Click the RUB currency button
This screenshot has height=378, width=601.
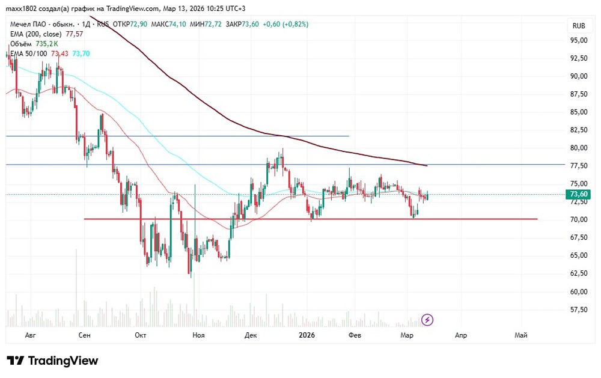579,26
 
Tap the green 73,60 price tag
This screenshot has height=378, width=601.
579,194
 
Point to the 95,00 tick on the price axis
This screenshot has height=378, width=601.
579,40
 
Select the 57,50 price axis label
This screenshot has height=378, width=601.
579,309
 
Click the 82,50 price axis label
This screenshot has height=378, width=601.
579,130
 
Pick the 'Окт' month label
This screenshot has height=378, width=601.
141,335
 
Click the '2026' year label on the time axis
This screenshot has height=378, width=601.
307,335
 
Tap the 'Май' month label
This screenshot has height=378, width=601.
521,335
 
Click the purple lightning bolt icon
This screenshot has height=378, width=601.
427,320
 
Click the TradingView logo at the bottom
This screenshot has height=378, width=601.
52,361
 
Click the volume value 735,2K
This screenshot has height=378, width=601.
47,44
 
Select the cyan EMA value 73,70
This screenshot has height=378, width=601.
81,53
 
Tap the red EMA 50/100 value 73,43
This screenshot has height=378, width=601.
59,53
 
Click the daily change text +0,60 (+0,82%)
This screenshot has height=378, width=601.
287,24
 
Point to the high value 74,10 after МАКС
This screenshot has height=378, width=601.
177,24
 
